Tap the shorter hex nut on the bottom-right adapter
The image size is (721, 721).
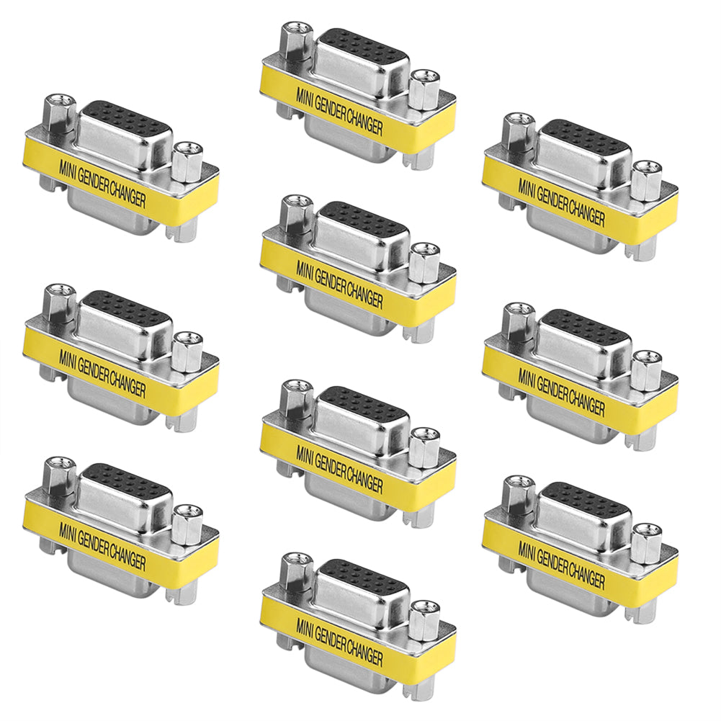tap(646, 542)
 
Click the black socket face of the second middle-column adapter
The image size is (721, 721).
tap(362, 218)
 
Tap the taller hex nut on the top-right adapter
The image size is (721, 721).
tap(517, 135)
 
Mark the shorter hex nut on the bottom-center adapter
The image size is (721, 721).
tap(424, 618)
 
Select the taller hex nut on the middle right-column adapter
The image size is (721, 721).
tap(517, 324)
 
